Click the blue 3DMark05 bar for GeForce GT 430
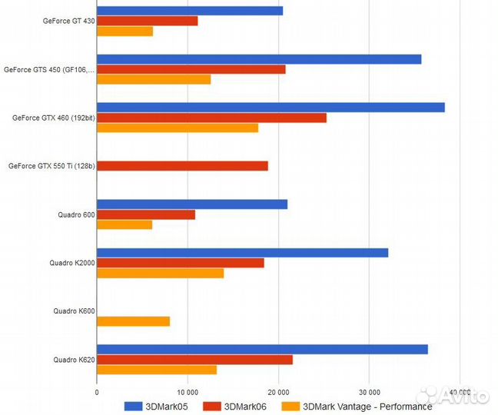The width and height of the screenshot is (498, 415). [x=190, y=11]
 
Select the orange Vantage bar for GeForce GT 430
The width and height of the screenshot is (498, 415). [x=124, y=32]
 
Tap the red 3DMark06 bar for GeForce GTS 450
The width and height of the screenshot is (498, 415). [x=191, y=69]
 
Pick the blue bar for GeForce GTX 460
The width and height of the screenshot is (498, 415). [x=271, y=107]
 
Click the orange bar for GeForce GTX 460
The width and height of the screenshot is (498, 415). [x=178, y=128]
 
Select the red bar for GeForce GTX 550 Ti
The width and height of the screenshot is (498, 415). [x=182, y=166]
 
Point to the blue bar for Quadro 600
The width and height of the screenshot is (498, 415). [x=192, y=204]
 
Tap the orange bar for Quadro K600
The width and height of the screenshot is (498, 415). [x=133, y=321]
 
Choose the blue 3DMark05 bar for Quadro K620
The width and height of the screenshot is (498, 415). [x=262, y=350]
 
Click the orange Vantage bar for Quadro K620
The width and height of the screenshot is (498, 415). [x=157, y=370]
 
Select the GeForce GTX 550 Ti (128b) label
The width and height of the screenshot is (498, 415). [x=51, y=166]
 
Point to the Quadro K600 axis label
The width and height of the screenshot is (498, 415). [x=74, y=311]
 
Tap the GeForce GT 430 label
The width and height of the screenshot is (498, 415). [x=69, y=21]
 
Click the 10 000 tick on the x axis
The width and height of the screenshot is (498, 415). [x=188, y=391]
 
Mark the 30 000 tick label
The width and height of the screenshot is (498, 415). [x=369, y=391]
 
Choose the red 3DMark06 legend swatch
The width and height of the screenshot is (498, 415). [x=211, y=406]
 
